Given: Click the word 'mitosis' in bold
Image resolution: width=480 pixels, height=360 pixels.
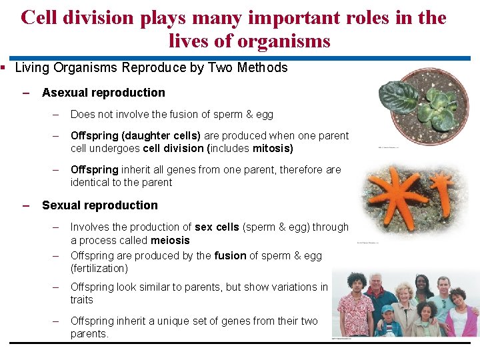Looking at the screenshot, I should point(272,148).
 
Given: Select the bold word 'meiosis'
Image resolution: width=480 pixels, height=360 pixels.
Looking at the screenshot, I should point(170,240).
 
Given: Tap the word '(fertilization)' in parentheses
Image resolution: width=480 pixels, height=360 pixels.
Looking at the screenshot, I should point(99,268).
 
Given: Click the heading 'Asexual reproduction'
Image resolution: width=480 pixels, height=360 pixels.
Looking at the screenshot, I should point(103,93).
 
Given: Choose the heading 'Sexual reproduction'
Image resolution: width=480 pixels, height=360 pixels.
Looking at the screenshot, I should point(100,205).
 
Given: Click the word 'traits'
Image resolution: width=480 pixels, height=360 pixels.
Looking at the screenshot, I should point(81,299).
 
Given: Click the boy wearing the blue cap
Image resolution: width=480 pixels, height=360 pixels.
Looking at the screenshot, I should point(388,320).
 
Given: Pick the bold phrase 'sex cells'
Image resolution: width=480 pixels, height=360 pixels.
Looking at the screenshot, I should point(217,227).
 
